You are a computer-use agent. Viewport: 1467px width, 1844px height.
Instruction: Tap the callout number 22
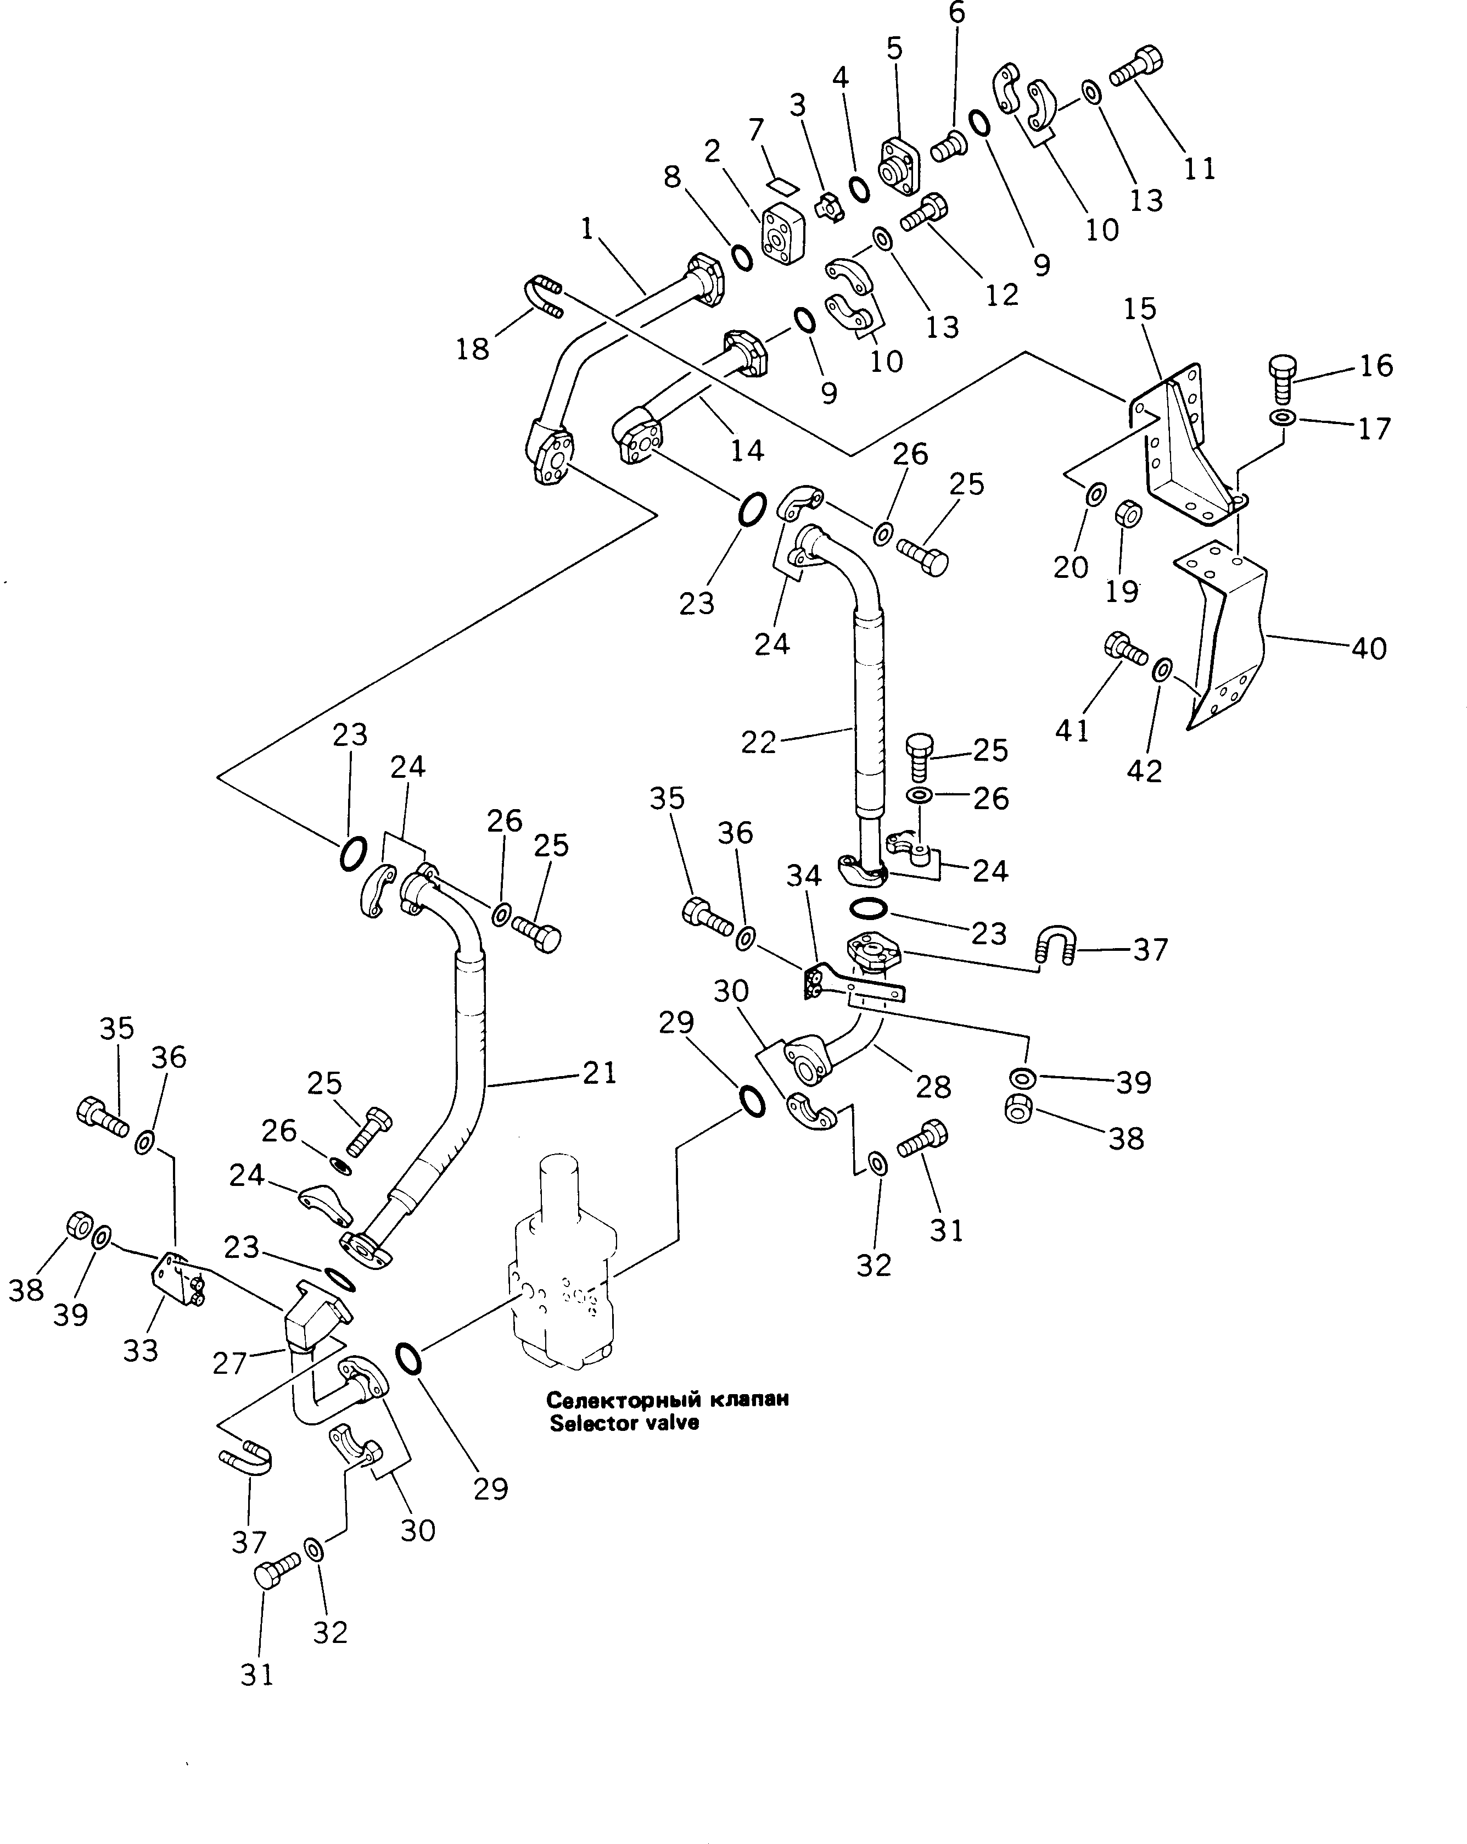click(x=758, y=742)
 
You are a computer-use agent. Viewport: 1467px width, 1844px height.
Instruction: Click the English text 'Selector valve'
click(x=624, y=1423)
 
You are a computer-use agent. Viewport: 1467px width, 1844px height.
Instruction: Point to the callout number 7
click(x=755, y=130)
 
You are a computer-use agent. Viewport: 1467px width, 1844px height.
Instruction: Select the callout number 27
click(x=229, y=1362)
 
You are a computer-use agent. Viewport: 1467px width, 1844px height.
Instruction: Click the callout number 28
click(x=933, y=1086)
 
